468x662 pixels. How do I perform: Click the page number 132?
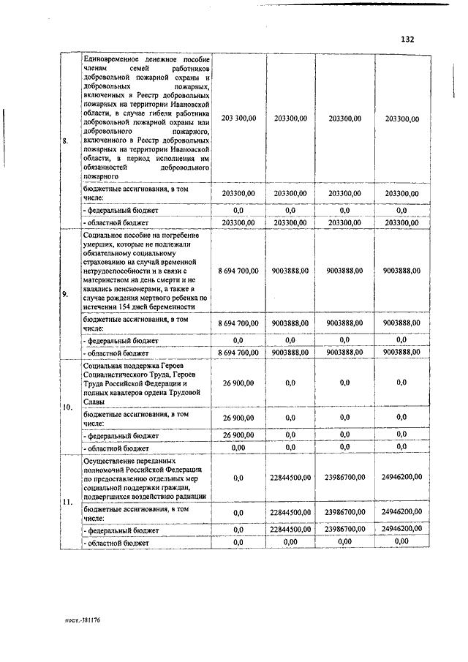click(x=407, y=39)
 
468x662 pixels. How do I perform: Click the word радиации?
click(x=192, y=497)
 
